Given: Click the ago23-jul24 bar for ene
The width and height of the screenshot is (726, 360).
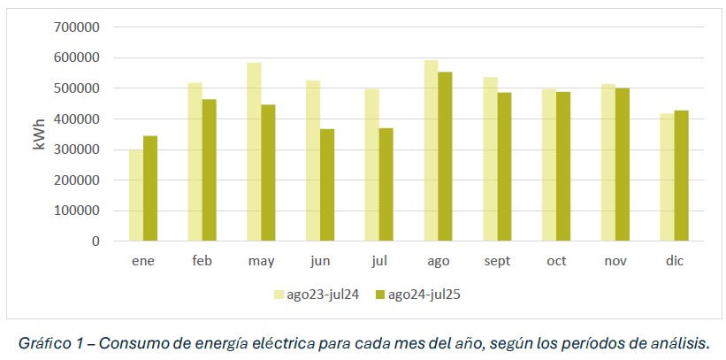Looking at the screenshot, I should (x=136, y=195).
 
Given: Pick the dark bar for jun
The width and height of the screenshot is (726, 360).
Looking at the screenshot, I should (x=327, y=185).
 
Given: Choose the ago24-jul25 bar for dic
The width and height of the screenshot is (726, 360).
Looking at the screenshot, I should (x=681, y=176).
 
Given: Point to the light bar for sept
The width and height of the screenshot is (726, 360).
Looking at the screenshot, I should (x=490, y=159).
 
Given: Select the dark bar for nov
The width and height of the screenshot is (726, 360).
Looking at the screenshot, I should (x=623, y=165).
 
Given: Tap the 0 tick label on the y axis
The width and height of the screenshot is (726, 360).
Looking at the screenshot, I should (x=96, y=241).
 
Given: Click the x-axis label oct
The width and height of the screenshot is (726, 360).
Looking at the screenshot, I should (x=556, y=261).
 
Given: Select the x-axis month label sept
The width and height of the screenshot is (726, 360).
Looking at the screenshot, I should (x=497, y=261).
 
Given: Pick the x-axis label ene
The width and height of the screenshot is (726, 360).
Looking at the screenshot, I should (x=143, y=261).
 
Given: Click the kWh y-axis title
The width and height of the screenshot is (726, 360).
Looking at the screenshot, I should (x=40, y=134).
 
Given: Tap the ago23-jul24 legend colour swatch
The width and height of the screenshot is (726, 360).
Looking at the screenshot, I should (x=279, y=295).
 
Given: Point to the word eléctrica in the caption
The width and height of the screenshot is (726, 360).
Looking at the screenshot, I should (x=294, y=342).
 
